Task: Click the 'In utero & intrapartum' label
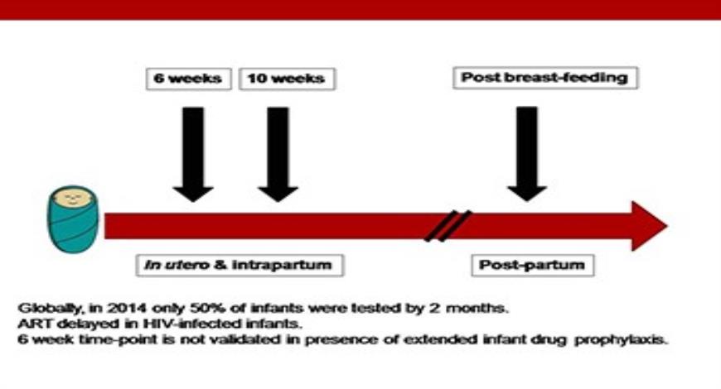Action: point(240,266)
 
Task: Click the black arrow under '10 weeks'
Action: point(278,153)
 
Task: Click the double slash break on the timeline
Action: point(448,226)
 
